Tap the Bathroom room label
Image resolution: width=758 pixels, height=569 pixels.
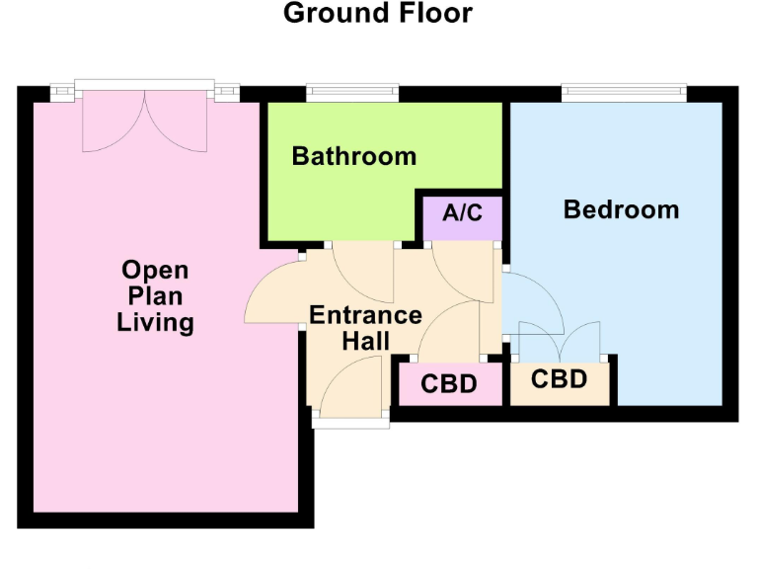point(353,156)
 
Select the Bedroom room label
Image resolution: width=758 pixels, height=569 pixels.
point(621,209)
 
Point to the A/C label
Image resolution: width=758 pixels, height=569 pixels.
point(463,213)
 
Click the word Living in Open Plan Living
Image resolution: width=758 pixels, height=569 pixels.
point(155,322)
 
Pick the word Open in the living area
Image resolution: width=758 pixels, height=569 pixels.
point(155,270)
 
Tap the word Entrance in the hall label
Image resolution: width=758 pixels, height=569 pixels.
point(365,315)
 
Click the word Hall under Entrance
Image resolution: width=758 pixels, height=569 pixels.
point(365,341)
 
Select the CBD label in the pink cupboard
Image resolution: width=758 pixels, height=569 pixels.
point(449,384)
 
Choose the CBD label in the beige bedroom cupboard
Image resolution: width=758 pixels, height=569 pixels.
point(559,379)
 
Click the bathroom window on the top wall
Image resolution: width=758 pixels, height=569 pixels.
point(352,93)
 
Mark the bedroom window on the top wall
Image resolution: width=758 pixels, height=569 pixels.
point(623,93)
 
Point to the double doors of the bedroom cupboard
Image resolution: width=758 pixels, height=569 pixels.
point(560,341)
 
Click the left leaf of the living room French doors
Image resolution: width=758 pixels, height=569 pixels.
point(115,123)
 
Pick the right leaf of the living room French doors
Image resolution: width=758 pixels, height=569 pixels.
point(178,123)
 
